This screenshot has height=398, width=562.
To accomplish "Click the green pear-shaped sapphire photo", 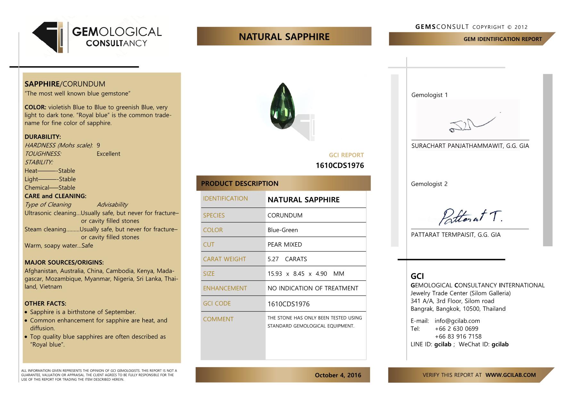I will click(x=282, y=106).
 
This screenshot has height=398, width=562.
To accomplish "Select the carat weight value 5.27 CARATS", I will click(x=287, y=259).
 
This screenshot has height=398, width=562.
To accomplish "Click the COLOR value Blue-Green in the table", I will click(x=283, y=230).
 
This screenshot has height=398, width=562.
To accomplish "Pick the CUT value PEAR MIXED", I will click(x=285, y=244).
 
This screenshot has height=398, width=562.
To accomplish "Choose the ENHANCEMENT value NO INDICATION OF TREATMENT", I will click(x=313, y=288).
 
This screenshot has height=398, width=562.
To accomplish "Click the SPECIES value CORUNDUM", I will click(x=285, y=215).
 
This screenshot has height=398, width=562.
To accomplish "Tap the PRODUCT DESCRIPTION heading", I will click(x=240, y=183).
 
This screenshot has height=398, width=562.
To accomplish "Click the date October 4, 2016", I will click(x=338, y=375).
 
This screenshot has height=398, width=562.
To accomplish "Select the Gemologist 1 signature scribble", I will click(x=471, y=123).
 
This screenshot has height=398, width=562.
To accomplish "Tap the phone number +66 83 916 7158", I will click(x=458, y=336).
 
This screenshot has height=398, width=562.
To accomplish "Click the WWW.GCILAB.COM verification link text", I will click(x=510, y=375).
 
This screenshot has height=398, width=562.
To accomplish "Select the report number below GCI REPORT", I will click(x=340, y=165).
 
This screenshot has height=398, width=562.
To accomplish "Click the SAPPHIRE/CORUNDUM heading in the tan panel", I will click(x=65, y=84).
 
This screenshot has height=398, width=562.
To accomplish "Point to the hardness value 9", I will click(x=98, y=145).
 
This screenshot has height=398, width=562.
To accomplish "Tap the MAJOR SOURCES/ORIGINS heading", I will click(x=64, y=262).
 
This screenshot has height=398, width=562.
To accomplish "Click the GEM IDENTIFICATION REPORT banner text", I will click(x=502, y=39).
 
